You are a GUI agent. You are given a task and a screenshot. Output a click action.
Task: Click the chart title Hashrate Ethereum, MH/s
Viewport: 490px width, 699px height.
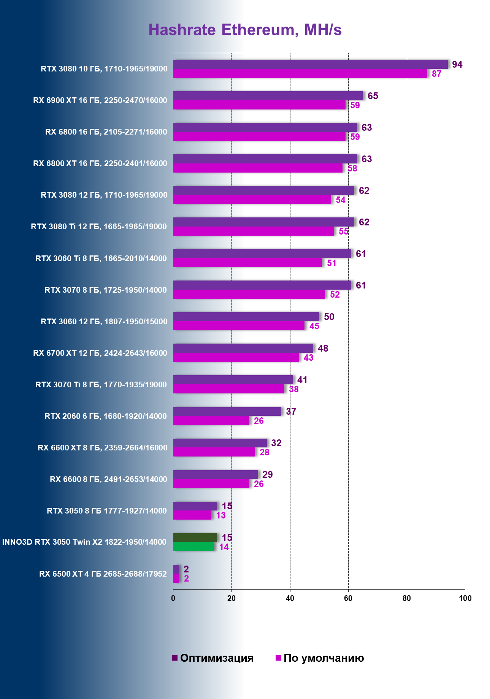point(245,30)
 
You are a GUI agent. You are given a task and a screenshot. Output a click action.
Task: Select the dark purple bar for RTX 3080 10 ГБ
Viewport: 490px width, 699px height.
point(310,64)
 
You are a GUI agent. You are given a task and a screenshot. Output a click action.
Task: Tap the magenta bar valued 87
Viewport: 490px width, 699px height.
point(300,73)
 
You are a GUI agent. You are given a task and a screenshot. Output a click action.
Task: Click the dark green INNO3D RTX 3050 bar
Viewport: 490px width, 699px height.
point(195,537)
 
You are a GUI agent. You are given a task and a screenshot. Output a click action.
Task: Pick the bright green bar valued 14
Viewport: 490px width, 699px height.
point(193,547)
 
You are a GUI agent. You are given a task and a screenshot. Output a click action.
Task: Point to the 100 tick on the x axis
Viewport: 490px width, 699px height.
point(465,598)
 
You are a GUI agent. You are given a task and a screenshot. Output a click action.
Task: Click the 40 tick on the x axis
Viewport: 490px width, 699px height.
point(290,598)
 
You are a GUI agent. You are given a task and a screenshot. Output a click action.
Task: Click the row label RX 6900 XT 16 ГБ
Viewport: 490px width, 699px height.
point(100,100)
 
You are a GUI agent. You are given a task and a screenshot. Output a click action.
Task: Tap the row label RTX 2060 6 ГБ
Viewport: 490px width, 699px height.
point(106,416)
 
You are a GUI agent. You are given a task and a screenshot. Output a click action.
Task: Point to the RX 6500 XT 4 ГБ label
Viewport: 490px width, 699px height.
point(103,574)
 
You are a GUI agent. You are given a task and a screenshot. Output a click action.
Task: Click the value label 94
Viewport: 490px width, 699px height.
point(457,65)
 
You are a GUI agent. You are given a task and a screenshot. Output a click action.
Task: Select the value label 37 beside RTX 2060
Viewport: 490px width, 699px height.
point(291,412)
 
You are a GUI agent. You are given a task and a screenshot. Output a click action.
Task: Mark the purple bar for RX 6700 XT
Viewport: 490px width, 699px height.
point(243,348)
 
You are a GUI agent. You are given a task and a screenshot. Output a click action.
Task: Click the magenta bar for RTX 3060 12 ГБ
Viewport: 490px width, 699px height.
point(239,326)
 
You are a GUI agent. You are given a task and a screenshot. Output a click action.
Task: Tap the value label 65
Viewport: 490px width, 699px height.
point(373,96)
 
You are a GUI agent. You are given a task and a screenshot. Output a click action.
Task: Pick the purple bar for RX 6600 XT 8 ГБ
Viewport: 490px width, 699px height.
point(220,443)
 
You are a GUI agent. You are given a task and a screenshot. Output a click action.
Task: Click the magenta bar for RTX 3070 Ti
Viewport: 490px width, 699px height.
point(228,389)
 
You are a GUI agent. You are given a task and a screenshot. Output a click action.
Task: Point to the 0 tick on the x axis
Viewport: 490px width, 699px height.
point(173,598)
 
